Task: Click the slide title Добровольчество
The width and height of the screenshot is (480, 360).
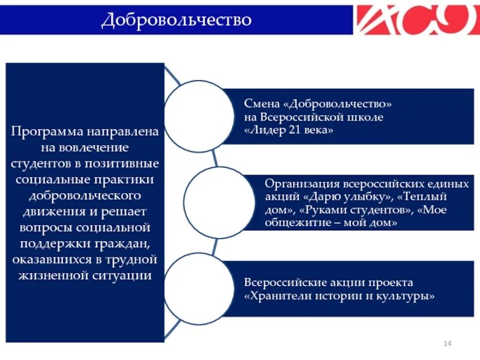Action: (176, 19)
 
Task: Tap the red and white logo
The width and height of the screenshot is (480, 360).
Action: (417, 19)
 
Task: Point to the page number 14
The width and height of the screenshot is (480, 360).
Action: (447, 343)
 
